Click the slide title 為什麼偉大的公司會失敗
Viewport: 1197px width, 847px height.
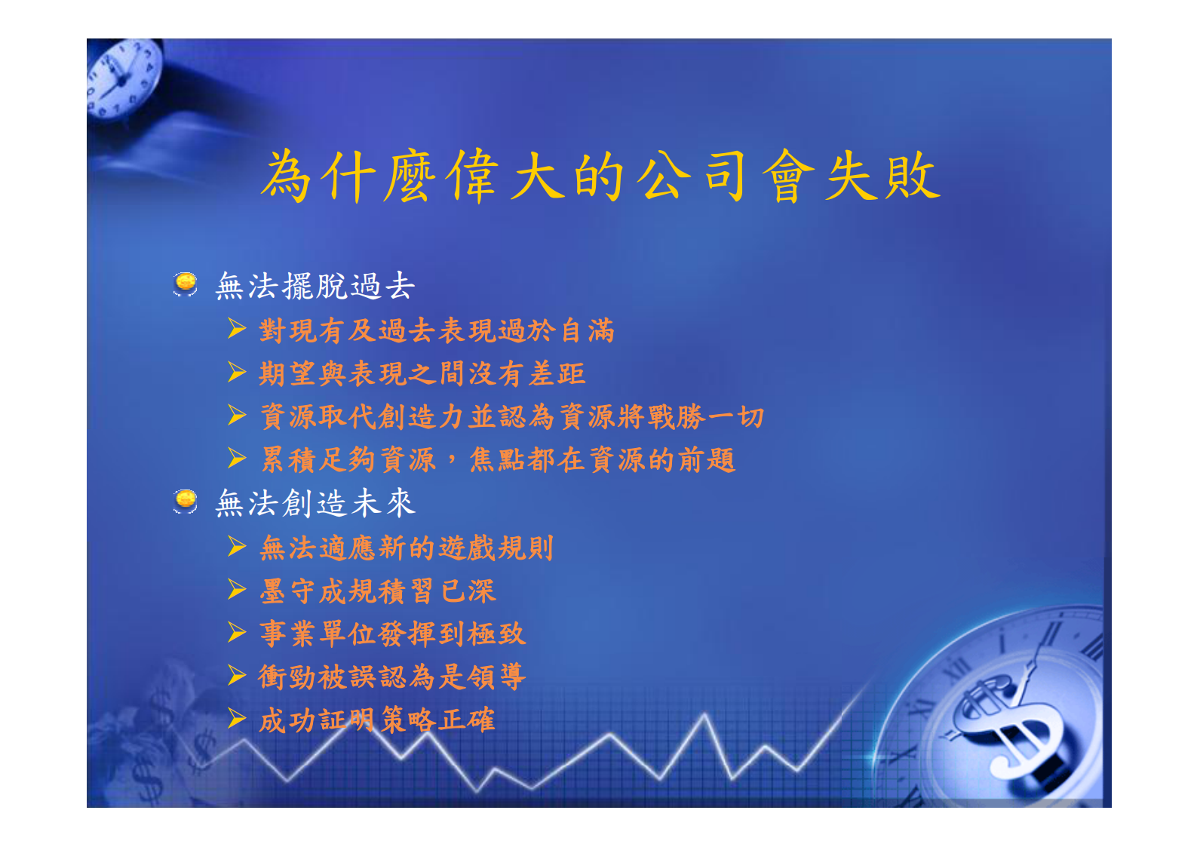[600, 176]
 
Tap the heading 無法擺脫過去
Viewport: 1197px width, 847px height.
[315, 287]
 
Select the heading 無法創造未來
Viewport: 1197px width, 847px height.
[315, 503]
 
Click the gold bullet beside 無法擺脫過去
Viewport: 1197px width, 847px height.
[185, 284]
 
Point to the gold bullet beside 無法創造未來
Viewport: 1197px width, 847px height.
[185, 500]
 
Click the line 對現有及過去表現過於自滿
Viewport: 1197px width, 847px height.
[437, 330]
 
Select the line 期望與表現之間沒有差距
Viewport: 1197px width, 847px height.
[422, 373]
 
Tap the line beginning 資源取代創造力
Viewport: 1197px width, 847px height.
[512, 416]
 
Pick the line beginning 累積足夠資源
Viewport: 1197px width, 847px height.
[497, 459]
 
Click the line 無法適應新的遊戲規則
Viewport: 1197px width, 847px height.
[407, 548]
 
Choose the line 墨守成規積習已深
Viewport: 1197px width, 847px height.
[377, 591]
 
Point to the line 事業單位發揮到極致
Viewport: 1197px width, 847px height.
[392, 634]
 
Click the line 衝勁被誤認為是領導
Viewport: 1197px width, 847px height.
[392, 677]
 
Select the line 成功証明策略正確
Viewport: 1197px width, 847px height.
[377, 720]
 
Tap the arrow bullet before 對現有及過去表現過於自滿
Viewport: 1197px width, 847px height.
[237, 329]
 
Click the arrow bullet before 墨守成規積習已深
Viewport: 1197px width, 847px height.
[237, 589]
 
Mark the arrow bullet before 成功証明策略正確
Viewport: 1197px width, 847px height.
[237, 718]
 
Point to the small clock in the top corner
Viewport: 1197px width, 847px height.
[124, 78]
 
